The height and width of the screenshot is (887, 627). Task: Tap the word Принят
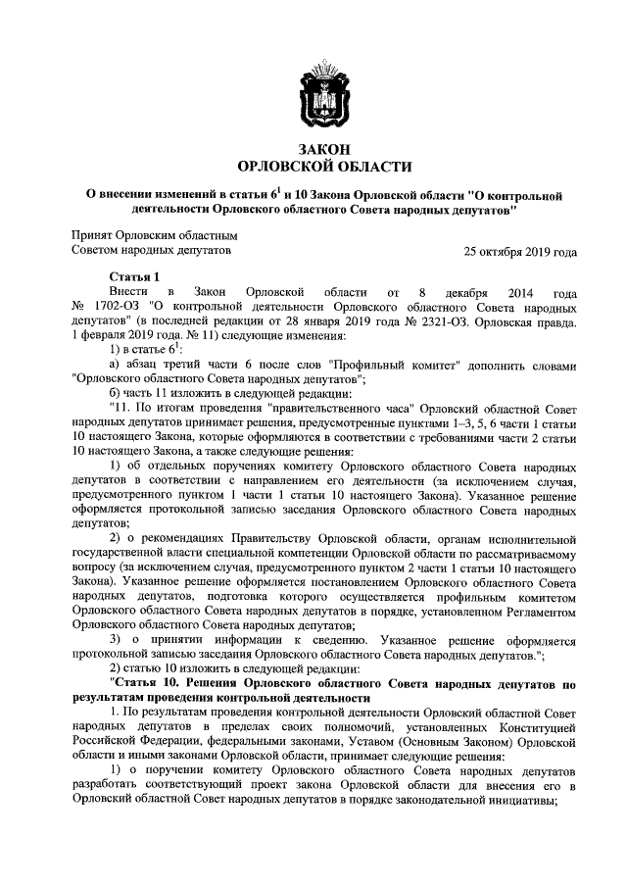pyautogui.click(x=92, y=236)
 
